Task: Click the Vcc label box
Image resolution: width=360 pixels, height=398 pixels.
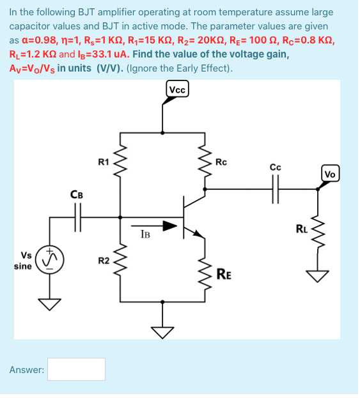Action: [x=177, y=90]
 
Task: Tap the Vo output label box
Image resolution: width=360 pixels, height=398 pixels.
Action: [x=330, y=174]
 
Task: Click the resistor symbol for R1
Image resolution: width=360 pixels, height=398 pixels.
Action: [x=121, y=162]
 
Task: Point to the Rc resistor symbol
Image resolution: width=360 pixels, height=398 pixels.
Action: [x=205, y=162]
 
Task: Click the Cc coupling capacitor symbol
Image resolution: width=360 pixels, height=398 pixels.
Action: [x=276, y=189]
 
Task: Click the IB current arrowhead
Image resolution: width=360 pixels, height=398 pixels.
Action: [x=169, y=226]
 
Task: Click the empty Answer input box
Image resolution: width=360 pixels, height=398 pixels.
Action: [x=76, y=369]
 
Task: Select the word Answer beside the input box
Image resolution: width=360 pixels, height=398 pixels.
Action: [x=26, y=369]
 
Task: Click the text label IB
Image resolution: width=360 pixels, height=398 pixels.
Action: [x=145, y=234]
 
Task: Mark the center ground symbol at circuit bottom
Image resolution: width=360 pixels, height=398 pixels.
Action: [x=162, y=330]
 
